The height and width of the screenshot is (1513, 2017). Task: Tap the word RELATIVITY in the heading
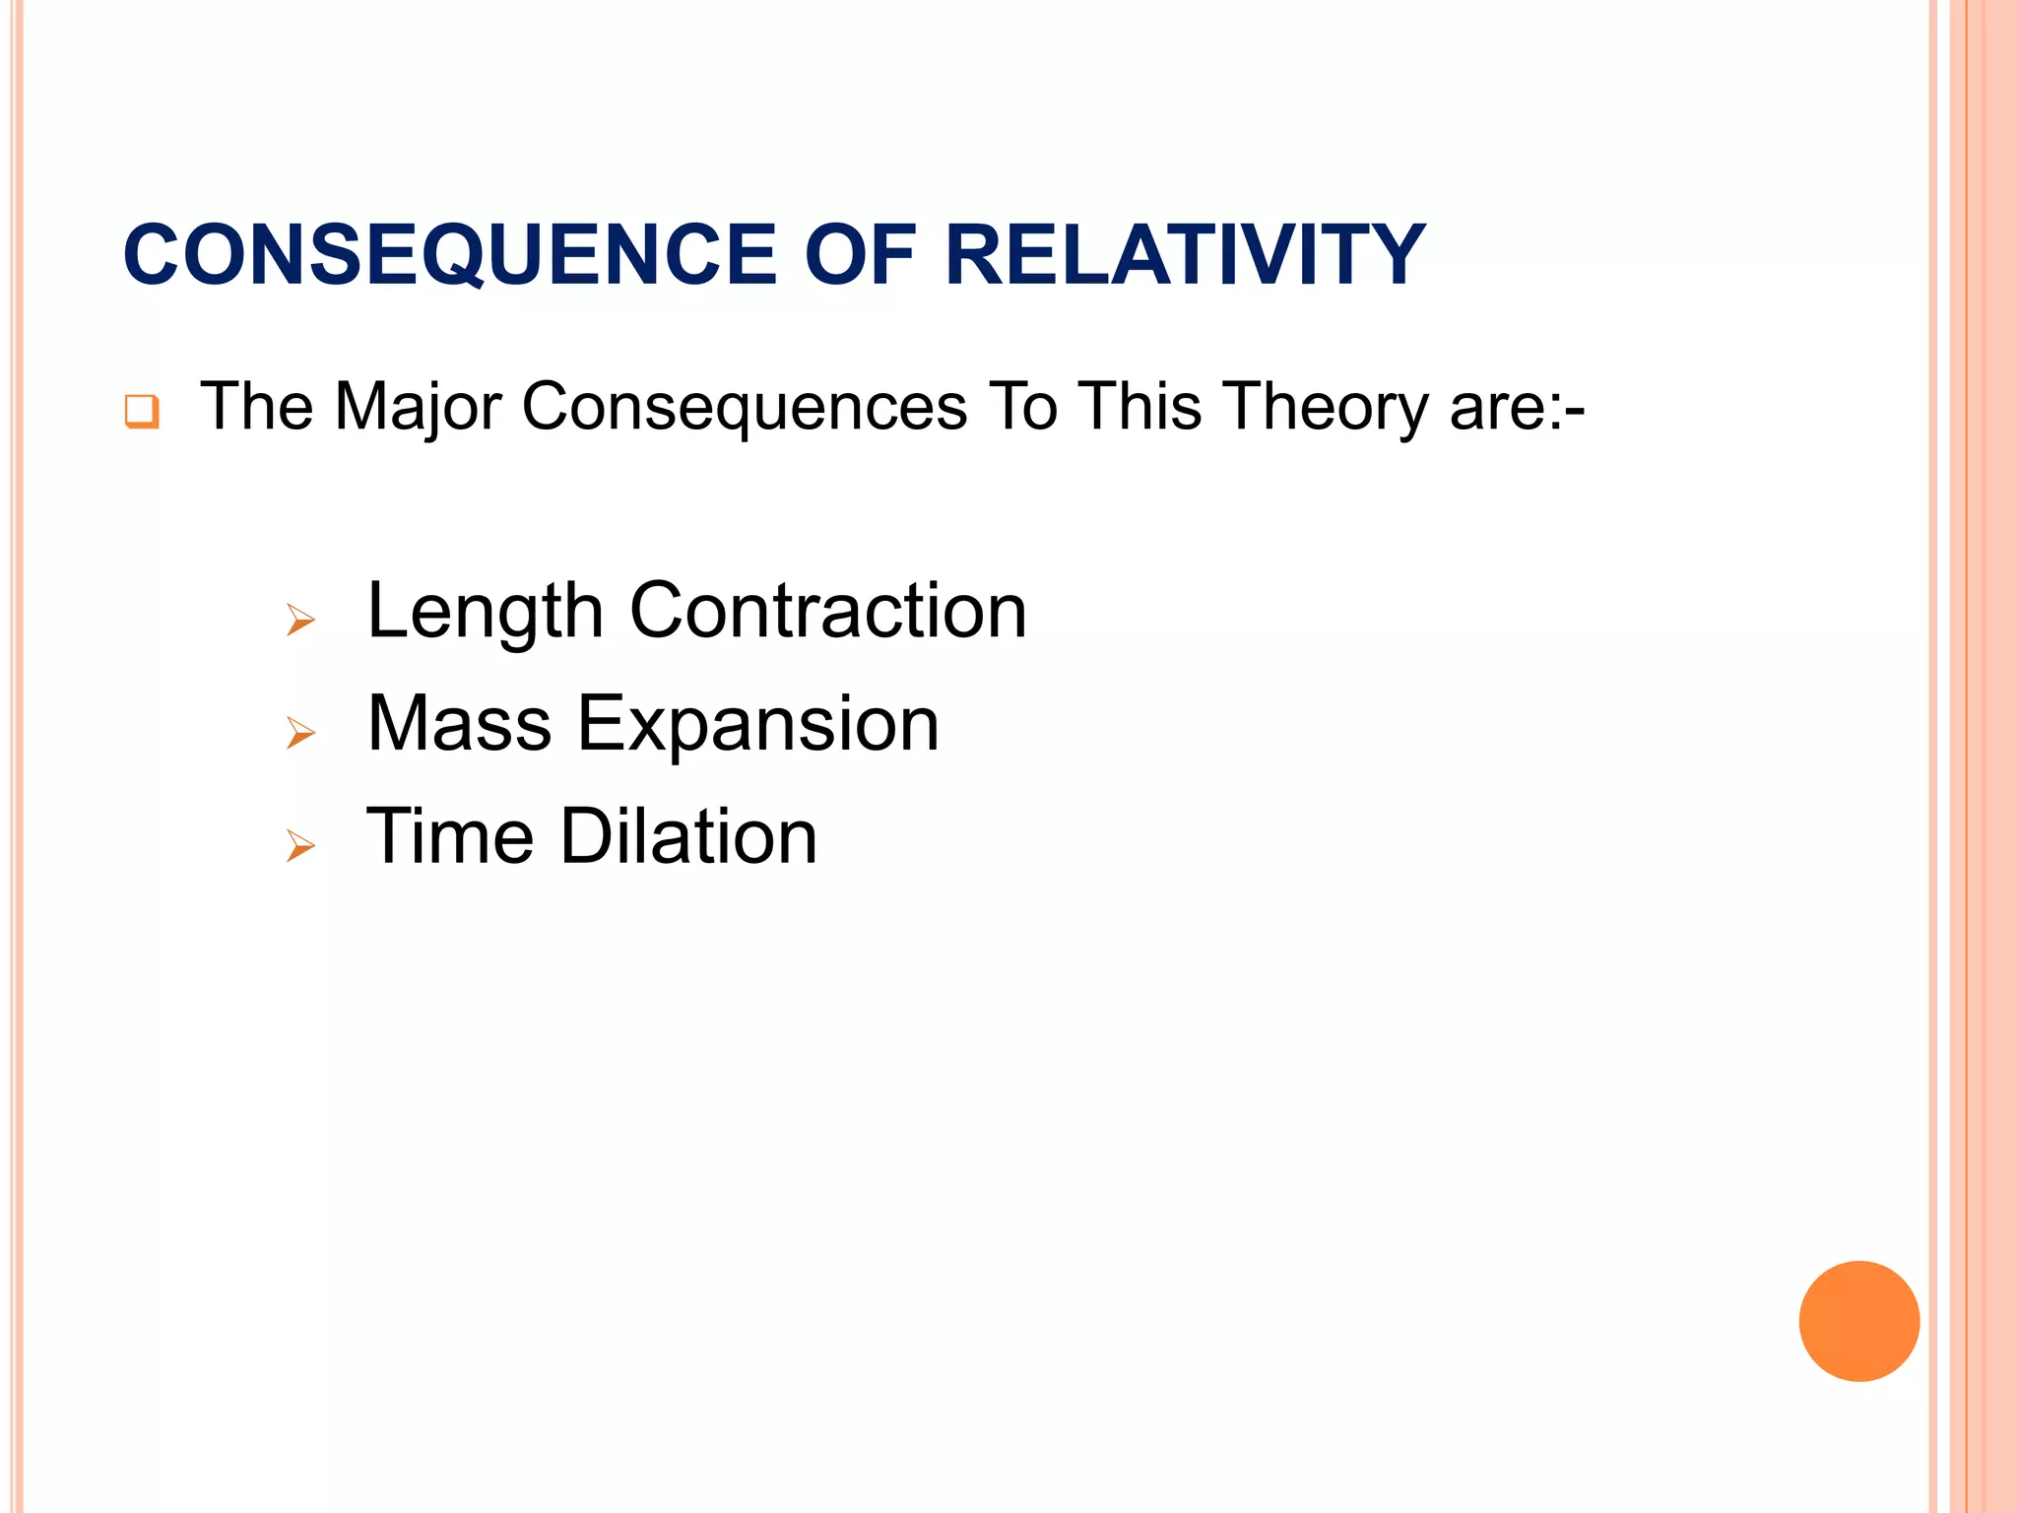point(1184,255)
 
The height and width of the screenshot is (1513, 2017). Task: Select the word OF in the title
point(861,255)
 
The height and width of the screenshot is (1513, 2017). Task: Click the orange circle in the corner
point(1858,1321)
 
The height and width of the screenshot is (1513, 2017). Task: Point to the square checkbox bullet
point(142,411)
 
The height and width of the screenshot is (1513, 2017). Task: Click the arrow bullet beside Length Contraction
point(300,621)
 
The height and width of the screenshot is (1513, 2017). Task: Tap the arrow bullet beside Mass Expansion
point(300,733)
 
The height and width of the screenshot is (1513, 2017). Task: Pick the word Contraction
point(827,611)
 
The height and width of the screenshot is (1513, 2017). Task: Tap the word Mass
point(459,724)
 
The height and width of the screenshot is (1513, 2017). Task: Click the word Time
point(449,836)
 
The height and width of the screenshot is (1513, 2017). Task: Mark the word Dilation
point(688,836)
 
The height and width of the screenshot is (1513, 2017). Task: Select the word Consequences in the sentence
point(744,408)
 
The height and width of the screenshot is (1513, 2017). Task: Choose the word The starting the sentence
point(256,406)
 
